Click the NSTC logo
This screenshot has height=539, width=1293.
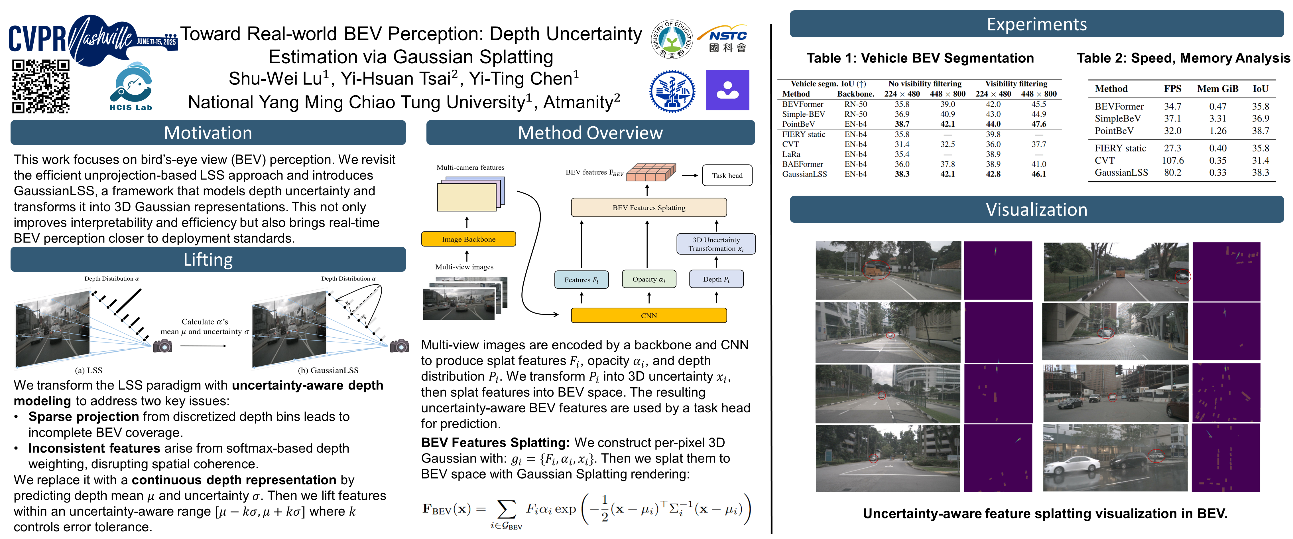point(728,39)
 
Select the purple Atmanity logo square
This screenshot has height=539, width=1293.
point(727,90)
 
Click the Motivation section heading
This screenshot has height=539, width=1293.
point(208,133)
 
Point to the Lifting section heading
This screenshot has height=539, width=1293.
point(208,260)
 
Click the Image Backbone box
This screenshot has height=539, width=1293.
point(468,239)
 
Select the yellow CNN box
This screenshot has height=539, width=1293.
point(648,315)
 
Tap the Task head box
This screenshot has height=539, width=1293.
point(727,175)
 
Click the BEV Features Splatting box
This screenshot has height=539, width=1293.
point(648,207)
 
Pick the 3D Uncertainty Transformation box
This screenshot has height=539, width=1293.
point(716,244)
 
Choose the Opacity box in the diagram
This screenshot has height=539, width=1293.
point(648,279)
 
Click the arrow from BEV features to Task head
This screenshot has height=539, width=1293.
point(690,175)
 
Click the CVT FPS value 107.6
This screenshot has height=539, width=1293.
point(1172,160)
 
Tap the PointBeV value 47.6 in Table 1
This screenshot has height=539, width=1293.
point(1038,124)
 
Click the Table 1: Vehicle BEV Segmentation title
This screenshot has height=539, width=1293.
point(920,58)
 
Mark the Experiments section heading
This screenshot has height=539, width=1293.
point(1036,24)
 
